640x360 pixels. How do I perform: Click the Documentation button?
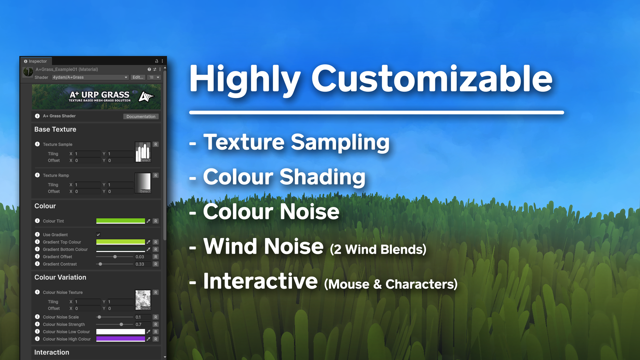click(x=141, y=117)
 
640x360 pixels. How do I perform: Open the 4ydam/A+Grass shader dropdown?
click(x=90, y=77)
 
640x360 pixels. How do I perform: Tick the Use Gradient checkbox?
click(x=98, y=235)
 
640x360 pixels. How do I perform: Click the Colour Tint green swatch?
click(x=121, y=221)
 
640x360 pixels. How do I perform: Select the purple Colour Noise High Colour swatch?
click(x=121, y=339)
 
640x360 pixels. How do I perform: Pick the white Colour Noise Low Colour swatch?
click(x=121, y=332)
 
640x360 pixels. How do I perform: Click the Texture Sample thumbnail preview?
click(x=143, y=152)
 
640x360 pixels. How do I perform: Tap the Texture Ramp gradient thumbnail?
click(x=143, y=183)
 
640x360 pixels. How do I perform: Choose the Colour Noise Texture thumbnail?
click(x=143, y=300)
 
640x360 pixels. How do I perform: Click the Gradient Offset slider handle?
click(x=115, y=257)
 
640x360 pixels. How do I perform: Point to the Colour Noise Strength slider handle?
click(x=121, y=324)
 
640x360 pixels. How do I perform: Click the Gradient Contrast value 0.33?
click(x=140, y=264)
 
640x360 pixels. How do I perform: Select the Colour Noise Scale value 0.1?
click(x=138, y=317)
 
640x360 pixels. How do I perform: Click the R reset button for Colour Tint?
click(x=156, y=221)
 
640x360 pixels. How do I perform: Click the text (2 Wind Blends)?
click(x=378, y=249)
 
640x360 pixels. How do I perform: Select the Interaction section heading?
click(x=52, y=352)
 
